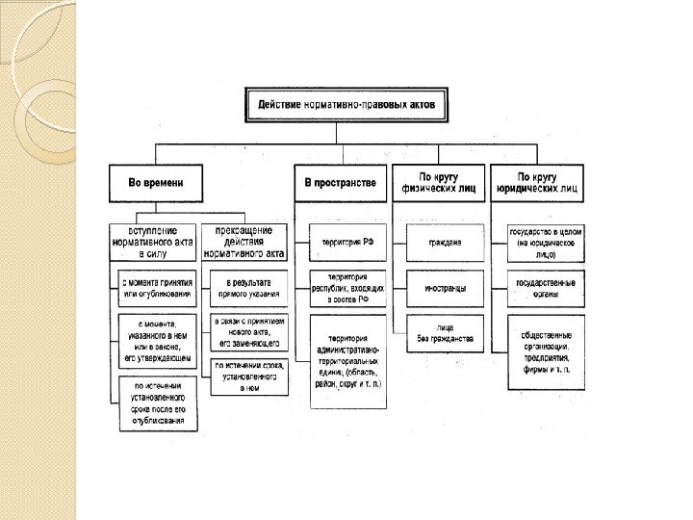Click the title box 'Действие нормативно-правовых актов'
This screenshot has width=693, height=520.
pos(346,104)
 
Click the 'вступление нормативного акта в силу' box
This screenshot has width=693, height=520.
pos(156,243)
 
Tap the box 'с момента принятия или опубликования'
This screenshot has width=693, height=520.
pos(156,287)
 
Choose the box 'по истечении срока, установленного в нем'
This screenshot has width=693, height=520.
pos(249,377)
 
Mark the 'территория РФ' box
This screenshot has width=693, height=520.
pos(348,243)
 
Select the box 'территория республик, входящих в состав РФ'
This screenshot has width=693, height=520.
pos(348,287)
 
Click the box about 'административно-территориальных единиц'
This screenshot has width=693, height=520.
pos(348,361)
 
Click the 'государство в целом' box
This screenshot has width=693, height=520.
pos(546,243)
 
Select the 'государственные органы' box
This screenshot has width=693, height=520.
pos(546,287)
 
